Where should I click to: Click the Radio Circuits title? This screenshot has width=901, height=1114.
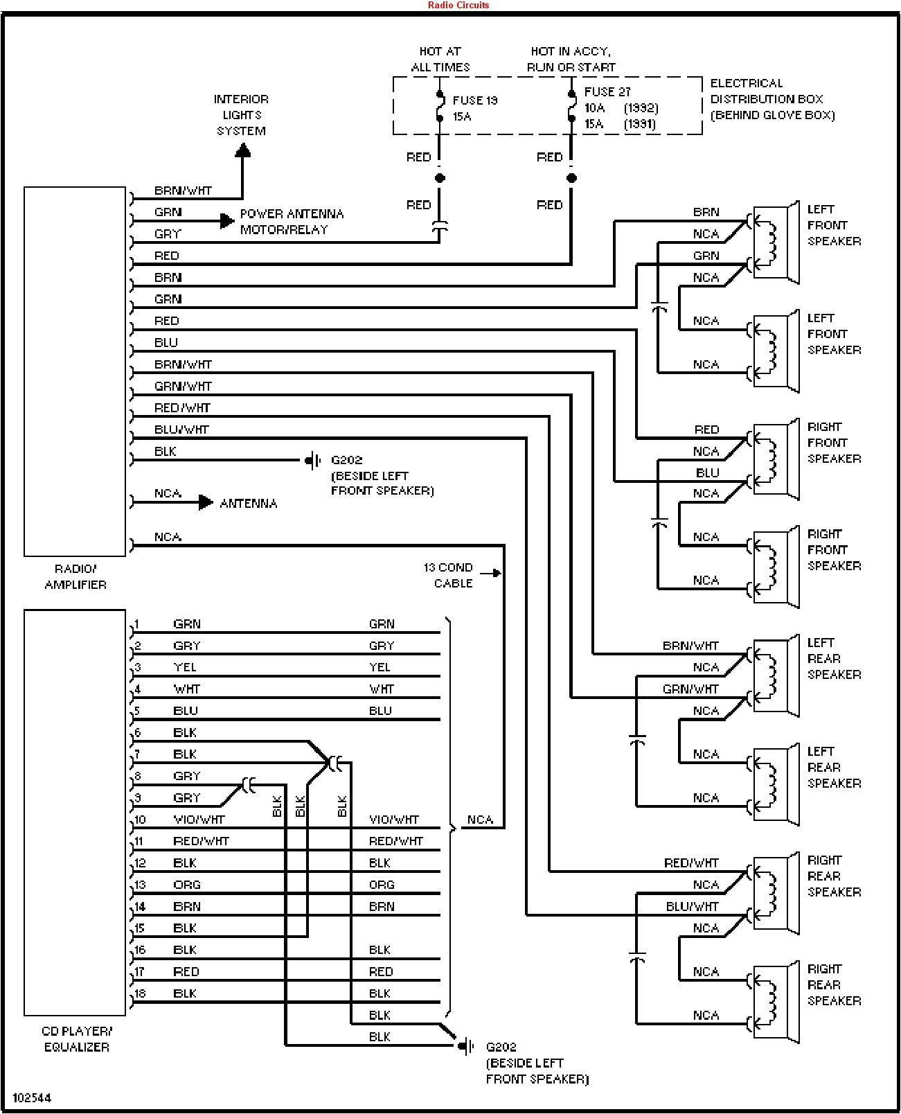[458, 5]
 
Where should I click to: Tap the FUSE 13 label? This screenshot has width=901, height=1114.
[475, 100]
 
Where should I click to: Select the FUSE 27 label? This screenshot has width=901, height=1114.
[607, 92]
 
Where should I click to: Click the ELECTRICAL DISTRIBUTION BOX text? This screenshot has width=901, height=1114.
[771, 99]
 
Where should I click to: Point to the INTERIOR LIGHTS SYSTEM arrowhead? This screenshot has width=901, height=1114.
[242, 151]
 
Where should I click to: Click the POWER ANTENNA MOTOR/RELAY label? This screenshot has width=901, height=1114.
[292, 222]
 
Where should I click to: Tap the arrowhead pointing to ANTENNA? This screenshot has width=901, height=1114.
[206, 502]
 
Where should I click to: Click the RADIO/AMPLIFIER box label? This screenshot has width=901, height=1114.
[75, 576]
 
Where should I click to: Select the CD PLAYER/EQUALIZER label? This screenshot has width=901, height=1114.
[77, 1039]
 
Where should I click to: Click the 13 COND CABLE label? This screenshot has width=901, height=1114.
[449, 575]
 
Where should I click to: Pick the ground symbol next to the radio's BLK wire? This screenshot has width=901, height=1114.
[314, 460]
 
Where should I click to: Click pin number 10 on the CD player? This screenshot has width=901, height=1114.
[140, 820]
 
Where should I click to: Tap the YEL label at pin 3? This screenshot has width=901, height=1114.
[185, 667]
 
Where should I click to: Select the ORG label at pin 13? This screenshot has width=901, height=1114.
[187, 885]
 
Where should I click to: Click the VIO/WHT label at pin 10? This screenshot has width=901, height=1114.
[199, 820]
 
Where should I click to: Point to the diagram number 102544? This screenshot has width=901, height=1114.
[32, 1098]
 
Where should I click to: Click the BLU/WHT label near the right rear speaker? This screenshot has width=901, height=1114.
[692, 906]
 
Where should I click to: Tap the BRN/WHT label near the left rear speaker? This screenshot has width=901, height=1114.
[690, 646]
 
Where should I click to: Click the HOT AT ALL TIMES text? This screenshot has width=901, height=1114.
[440, 59]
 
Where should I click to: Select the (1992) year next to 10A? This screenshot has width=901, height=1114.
[641, 108]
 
